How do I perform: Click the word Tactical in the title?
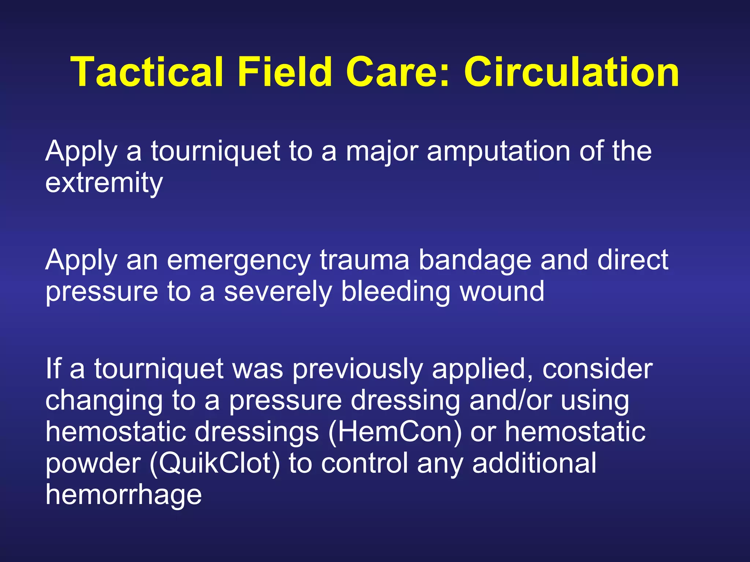point(146,72)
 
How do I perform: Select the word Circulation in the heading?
point(571,72)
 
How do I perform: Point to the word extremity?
point(104,183)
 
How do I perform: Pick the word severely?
point(278,292)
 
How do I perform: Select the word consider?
point(597,369)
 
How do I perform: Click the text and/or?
point(510,400)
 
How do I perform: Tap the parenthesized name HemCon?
point(395,432)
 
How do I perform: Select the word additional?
point(534,463)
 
